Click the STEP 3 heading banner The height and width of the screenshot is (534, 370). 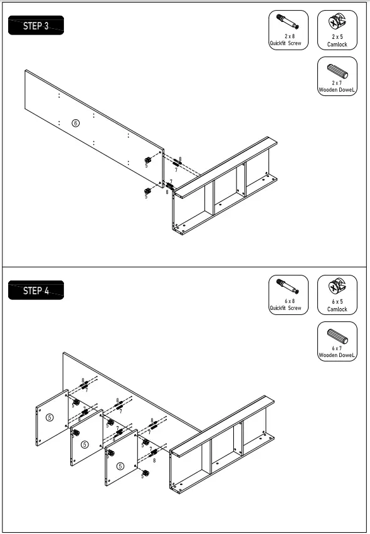click(36, 26)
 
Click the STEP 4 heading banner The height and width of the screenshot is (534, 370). click(36, 291)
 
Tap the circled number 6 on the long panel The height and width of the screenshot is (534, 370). click(76, 123)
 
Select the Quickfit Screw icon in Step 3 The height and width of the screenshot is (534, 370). click(286, 23)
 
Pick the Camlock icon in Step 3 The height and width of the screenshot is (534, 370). click(337, 24)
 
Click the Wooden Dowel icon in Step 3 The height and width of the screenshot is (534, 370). click(337, 70)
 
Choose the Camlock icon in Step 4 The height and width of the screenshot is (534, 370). click(337, 288)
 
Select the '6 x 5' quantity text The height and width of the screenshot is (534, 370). click(337, 302)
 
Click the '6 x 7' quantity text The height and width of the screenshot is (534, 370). click(337, 348)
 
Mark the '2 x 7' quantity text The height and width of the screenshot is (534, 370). click(337, 83)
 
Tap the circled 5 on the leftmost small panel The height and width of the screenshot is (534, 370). click(50, 417)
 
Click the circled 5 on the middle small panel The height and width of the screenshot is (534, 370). click(85, 444)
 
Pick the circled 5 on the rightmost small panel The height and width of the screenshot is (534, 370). click(120, 466)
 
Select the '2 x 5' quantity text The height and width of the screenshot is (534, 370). click(337, 38)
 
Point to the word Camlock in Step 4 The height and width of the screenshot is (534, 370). click(337, 309)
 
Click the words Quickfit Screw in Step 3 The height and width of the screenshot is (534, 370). click(285, 44)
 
